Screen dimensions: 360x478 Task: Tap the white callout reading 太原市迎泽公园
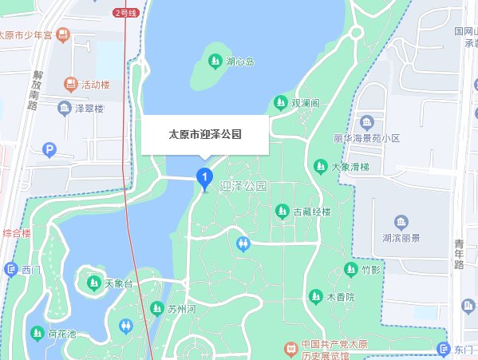205,135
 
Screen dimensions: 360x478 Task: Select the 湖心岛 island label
239,61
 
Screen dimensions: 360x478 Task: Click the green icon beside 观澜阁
280,102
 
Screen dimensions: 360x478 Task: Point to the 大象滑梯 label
350,167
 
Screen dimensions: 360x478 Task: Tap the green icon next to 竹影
350,269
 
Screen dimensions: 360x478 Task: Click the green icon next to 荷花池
38,333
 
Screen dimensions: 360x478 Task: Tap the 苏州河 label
181,309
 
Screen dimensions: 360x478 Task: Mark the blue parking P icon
49,149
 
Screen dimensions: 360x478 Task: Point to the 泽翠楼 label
89,109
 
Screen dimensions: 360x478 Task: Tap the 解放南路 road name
35,93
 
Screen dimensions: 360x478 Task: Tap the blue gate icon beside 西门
10,270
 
